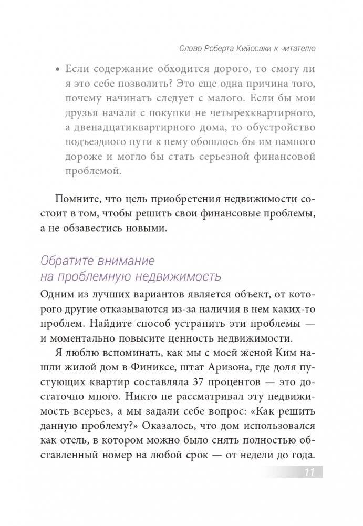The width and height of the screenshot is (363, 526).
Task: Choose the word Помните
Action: point(74,199)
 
